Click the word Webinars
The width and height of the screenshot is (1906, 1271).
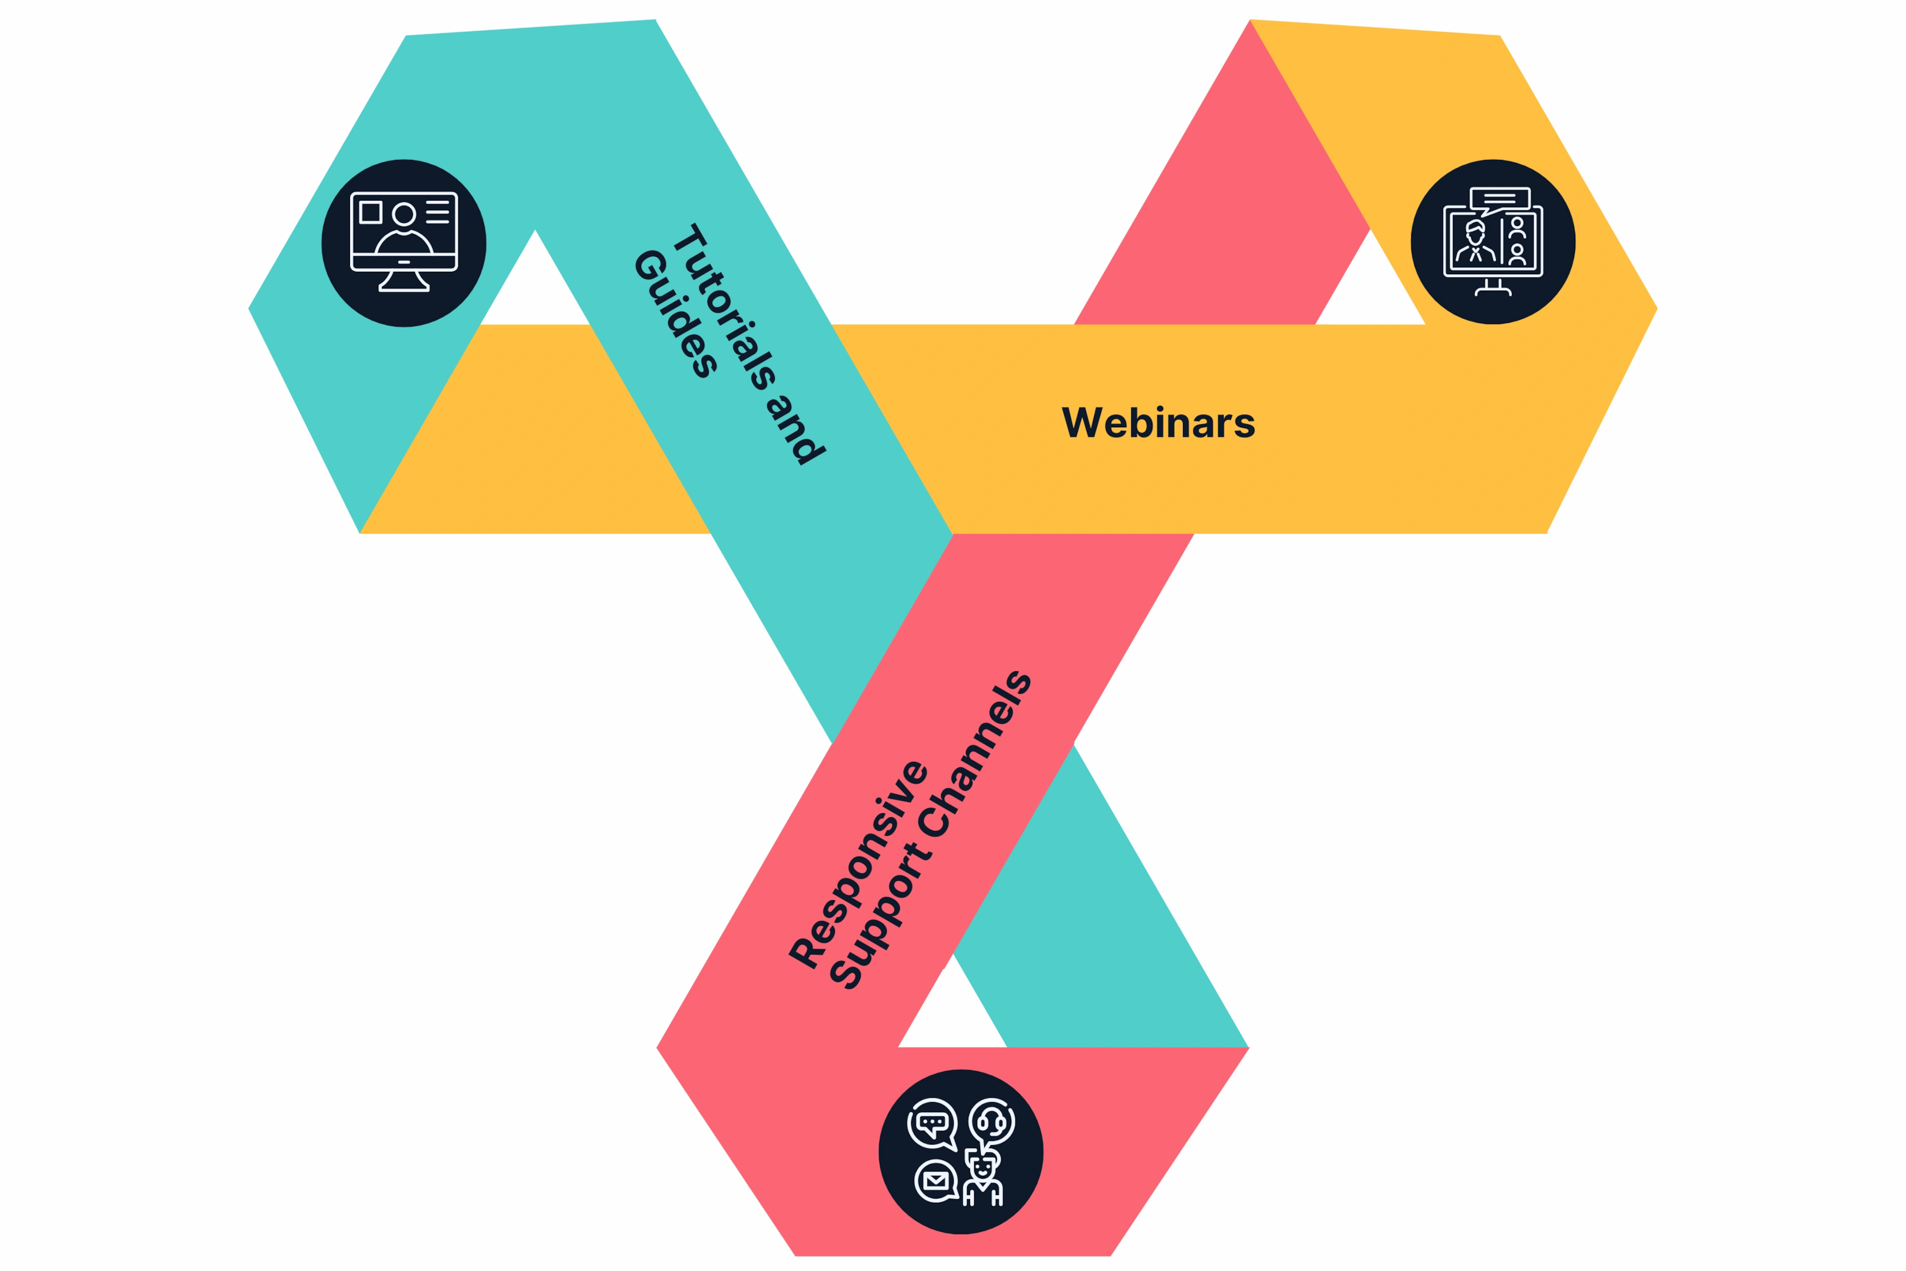point(1158,422)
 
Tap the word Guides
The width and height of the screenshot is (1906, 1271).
point(675,314)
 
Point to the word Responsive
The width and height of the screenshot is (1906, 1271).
point(859,864)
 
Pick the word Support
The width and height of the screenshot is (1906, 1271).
point(881,917)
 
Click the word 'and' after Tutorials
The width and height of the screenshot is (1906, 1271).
point(795,429)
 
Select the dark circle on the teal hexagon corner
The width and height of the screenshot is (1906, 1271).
point(404,243)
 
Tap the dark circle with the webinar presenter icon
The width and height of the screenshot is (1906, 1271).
point(1492,242)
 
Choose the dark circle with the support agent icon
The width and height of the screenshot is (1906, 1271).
point(961,1152)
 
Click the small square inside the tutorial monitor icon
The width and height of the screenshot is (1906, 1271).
point(371,212)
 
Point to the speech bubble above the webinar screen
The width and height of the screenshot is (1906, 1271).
point(1499,200)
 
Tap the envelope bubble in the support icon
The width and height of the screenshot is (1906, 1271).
point(937,1181)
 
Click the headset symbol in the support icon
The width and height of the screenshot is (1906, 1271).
point(992,1123)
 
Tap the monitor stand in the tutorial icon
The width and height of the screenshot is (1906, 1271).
point(404,281)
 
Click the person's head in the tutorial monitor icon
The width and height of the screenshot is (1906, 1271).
point(404,214)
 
